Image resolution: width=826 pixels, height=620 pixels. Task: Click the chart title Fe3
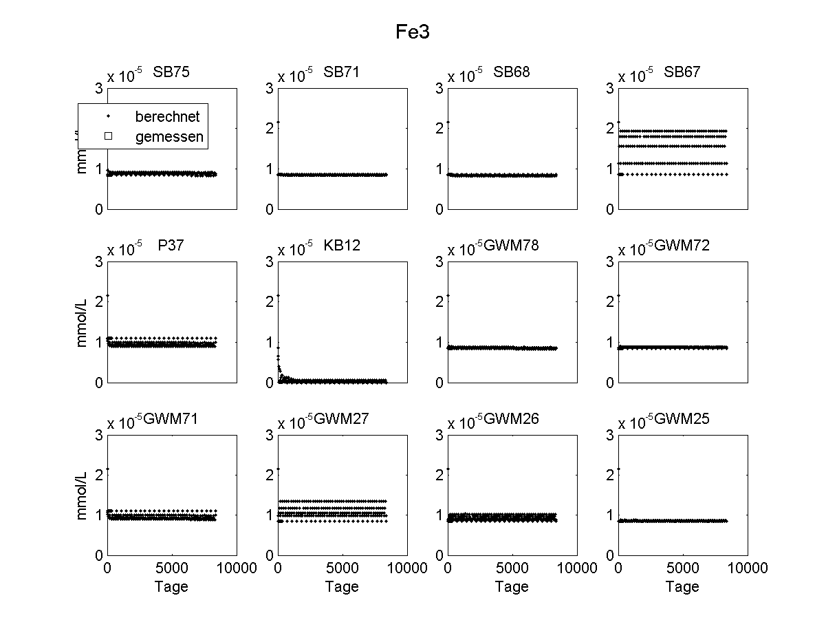[413, 32]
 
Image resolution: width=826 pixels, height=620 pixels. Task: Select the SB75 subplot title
[171, 72]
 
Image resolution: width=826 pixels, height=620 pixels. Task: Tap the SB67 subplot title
[682, 72]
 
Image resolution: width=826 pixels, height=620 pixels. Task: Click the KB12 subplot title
[342, 245]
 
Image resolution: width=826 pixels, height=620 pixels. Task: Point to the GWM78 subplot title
[512, 245]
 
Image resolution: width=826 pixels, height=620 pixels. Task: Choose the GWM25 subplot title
[682, 418]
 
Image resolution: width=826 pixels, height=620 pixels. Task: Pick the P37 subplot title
[171, 245]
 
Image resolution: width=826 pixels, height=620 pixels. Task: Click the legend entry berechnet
[167, 117]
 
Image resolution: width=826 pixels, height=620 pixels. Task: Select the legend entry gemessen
[169, 137]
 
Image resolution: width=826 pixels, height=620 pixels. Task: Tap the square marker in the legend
[107, 137]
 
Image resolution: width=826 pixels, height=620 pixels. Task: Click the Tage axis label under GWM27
[342, 586]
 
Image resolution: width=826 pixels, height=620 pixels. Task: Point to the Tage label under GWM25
[682, 586]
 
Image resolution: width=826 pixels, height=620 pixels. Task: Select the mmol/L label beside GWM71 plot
[83, 495]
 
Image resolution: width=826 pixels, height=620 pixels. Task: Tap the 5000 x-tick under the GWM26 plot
[512, 568]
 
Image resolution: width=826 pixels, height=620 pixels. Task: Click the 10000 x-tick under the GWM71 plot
[237, 568]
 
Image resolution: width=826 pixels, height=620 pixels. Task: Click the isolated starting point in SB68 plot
[448, 122]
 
